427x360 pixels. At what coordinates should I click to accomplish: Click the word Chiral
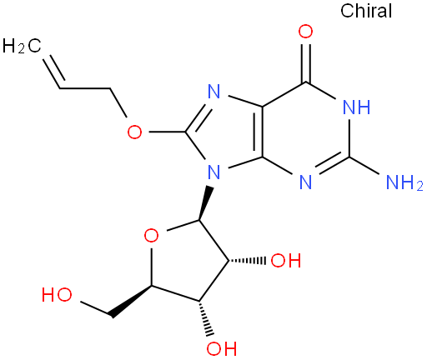366,11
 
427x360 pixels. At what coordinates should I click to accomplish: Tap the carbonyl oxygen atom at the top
305,32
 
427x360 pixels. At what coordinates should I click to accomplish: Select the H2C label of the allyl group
22,46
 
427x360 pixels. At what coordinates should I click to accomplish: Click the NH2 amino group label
404,182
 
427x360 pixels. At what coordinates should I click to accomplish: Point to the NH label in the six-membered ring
357,107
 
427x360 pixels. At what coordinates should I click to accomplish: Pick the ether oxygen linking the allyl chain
134,132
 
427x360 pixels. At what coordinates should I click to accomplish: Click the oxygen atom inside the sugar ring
152,236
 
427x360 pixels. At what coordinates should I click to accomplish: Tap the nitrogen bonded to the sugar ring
214,172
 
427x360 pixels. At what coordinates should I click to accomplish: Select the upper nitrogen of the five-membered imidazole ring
214,91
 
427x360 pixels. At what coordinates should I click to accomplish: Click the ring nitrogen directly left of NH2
306,182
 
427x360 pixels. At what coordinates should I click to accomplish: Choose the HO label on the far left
57,295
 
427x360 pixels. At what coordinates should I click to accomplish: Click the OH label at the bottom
222,348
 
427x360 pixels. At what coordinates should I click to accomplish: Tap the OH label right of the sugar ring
286,261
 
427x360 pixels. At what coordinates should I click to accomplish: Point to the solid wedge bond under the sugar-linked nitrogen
205,203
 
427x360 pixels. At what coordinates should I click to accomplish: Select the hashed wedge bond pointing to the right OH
247,261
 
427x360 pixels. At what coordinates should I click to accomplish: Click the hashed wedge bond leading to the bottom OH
206,318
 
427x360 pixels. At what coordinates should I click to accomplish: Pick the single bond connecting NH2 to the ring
364,166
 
